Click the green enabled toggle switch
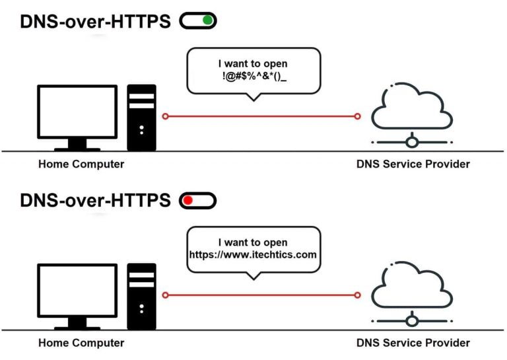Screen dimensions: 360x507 point(199,21)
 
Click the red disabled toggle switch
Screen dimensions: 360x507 point(198,200)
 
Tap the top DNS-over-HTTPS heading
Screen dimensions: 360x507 point(95,22)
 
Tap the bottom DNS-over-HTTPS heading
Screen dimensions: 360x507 point(95,200)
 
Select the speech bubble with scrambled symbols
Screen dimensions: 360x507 point(254,70)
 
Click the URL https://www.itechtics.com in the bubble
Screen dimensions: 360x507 point(253,254)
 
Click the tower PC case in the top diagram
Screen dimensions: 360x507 point(141,117)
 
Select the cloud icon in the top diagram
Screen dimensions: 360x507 point(412,109)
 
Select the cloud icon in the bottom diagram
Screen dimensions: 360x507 point(412,289)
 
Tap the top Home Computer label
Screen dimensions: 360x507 point(81,164)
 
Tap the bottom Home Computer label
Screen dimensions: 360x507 point(81,343)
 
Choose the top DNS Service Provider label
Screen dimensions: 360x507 point(413,164)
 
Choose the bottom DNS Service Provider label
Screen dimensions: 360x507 point(413,343)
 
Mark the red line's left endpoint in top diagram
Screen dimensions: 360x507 point(165,116)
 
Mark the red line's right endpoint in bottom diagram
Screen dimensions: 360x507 point(358,295)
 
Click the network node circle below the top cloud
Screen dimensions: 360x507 point(412,141)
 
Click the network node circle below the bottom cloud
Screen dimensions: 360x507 point(412,320)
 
